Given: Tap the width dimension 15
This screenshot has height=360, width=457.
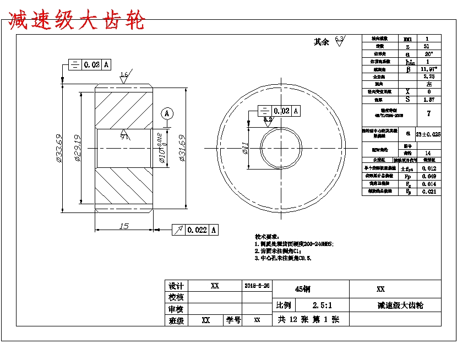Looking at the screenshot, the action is [124, 226].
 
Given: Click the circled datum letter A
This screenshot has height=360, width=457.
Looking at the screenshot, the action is [167, 113].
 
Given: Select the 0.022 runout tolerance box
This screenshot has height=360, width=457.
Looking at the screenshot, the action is [197, 230].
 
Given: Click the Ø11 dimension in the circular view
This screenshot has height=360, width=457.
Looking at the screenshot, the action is [246, 148].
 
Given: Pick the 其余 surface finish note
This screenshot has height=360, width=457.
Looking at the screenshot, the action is [321, 42].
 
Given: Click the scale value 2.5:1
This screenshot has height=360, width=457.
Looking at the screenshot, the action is [322, 304].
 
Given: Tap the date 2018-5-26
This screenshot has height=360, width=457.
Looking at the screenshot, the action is [257, 286].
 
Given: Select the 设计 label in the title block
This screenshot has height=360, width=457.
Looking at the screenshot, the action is [176, 286].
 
